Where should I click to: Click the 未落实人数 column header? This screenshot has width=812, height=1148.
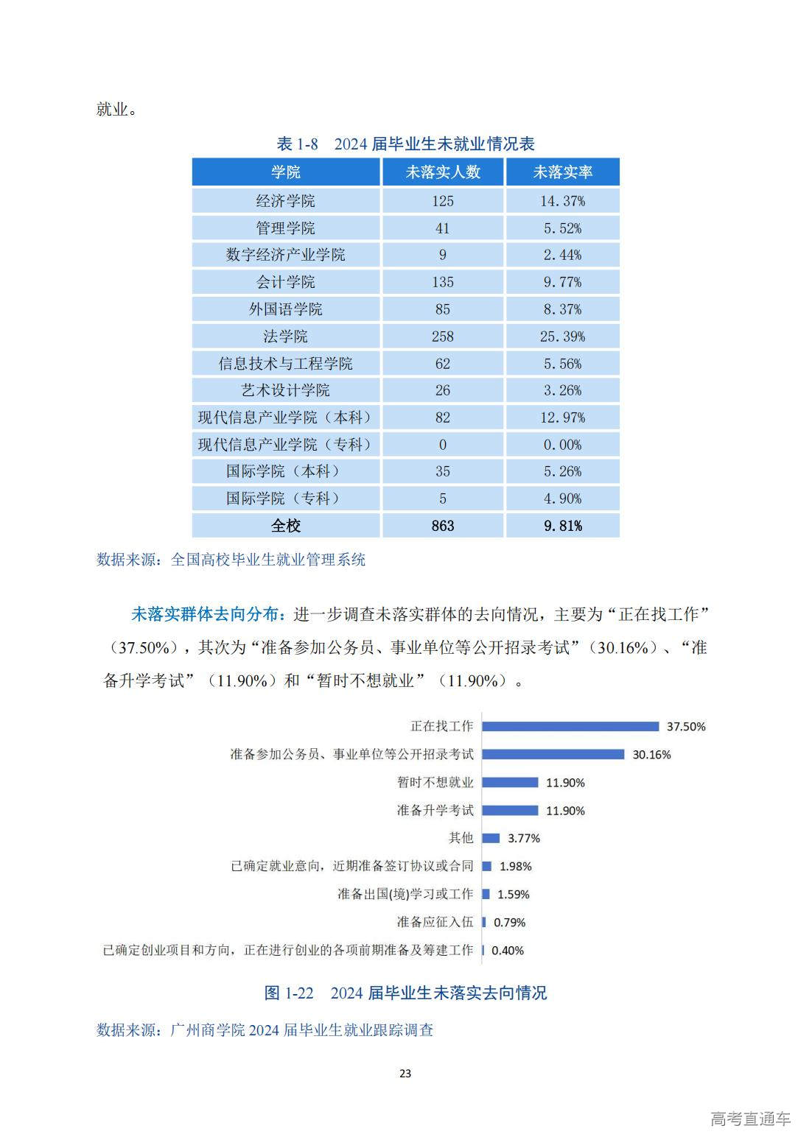pos(443,172)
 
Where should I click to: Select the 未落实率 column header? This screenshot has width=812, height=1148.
pos(563,172)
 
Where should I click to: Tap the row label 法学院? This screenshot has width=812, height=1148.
pos(286,337)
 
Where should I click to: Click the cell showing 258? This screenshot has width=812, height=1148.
pos(443,337)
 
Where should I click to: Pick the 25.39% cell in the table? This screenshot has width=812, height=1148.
pos(563,337)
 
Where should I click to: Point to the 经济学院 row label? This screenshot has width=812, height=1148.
pos(286,201)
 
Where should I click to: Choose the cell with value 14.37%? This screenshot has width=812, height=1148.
pos(563,201)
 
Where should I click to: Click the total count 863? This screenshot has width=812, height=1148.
pos(443,526)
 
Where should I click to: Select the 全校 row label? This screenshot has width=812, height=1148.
pos(286,526)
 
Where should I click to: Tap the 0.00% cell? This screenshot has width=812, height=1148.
pos(563,445)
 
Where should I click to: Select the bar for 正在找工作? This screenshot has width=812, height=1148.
pos(570,727)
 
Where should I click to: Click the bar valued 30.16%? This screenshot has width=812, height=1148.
pos(553,755)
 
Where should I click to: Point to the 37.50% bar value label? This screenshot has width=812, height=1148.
pos(686,727)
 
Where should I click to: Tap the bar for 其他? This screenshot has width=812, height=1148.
pos(491,838)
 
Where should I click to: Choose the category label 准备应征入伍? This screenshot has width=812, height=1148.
pos(435,922)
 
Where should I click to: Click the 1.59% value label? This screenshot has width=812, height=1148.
pos(514,895)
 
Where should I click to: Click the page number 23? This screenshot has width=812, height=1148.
pos(405,1074)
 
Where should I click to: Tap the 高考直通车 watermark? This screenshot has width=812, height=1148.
pos(750,1119)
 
